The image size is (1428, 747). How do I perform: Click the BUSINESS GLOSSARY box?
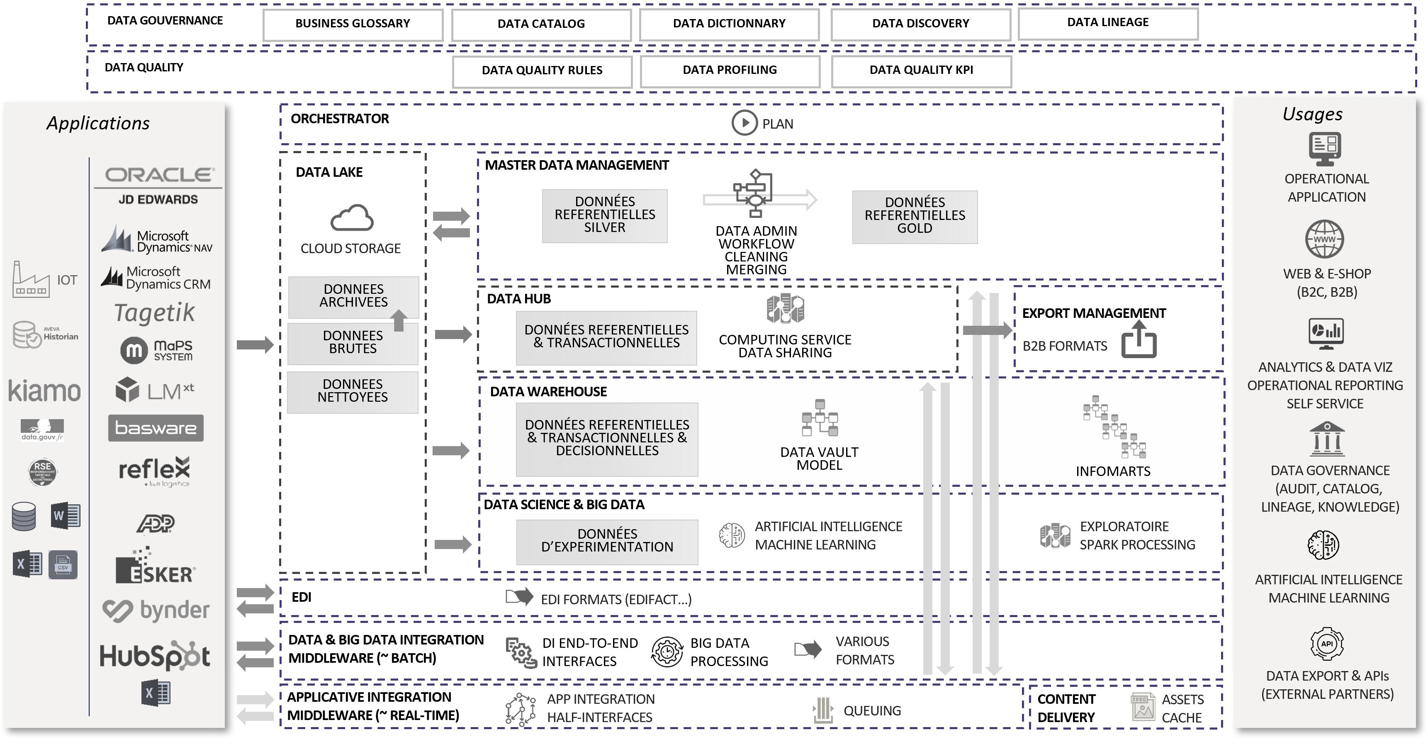(x=353, y=24)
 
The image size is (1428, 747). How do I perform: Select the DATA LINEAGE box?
(x=1107, y=23)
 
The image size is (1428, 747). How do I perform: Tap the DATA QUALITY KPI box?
(x=921, y=71)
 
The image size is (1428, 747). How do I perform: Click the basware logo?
(x=156, y=428)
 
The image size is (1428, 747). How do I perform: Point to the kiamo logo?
(x=44, y=391)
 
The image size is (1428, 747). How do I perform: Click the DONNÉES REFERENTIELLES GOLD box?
(x=915, y=216)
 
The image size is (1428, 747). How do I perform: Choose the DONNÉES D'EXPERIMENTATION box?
(x=607, y=541)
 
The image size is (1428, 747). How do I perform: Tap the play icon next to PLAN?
(x=744, y=123)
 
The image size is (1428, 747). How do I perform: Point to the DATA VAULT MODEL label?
(x=819, y=459)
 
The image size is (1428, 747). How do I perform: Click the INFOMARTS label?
(x=1112, y=471)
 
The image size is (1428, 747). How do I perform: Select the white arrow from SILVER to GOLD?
(x=759, y=200)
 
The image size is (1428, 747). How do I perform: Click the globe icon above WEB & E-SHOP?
(x=1324, y=239)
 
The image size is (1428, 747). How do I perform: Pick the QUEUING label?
(x=872, y=711)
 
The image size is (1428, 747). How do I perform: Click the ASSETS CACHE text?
(x=1182, y=709)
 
